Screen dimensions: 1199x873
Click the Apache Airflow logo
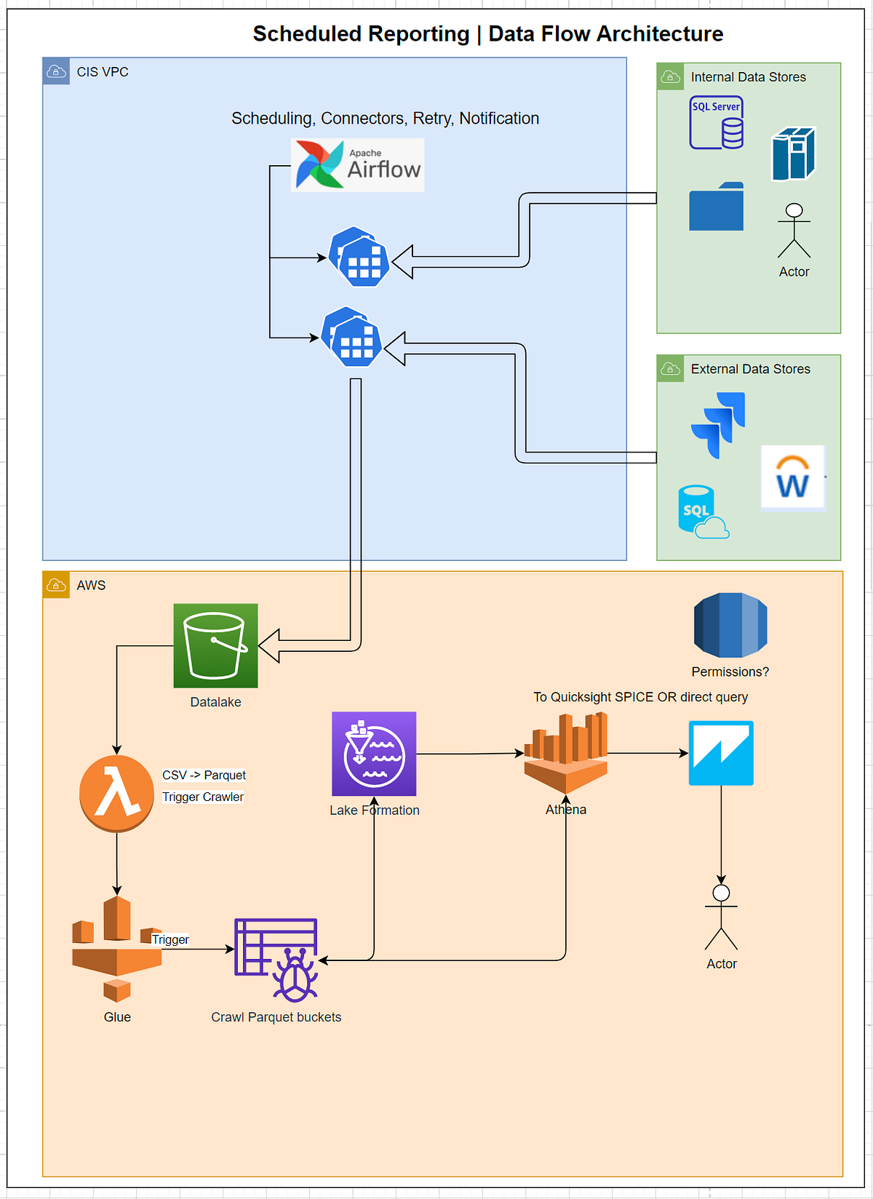357,165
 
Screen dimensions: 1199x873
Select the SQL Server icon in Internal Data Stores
717,123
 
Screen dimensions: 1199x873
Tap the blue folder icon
717,207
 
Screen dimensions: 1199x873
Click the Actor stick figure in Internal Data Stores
794,231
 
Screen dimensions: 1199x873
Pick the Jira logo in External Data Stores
719,425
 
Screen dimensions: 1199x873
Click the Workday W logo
792,478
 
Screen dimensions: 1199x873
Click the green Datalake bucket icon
215,645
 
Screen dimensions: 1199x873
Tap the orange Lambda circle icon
116,793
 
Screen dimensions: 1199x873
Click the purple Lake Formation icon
374,754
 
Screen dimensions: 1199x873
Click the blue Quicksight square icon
721,753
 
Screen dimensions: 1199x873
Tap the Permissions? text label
730,672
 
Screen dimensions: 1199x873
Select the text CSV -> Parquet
204,775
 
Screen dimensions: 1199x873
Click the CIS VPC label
103,72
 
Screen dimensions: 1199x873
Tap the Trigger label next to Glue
170,939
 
